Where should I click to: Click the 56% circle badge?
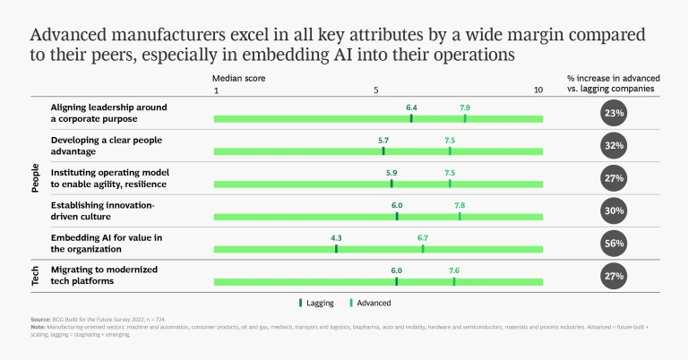[614, 243]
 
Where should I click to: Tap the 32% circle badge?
[614, 145]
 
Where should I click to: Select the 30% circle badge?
[614, 210]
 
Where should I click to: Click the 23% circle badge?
[614, 114]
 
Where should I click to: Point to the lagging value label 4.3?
[336, 237]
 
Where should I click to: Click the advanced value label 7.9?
[465, 107]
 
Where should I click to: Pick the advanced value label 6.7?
[423, 237]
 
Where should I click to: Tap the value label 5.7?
[383, 140]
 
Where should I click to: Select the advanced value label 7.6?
[454, 270]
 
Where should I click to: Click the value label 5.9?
[391, 172]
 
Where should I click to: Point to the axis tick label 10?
[538, 90]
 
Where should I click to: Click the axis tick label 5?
[376, 90]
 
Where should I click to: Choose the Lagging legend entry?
[316, 303]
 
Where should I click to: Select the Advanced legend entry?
[369, 303]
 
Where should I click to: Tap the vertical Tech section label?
[35, 276]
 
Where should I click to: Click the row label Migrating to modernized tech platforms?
[94, 275]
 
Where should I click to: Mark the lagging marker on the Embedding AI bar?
[336, 248]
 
